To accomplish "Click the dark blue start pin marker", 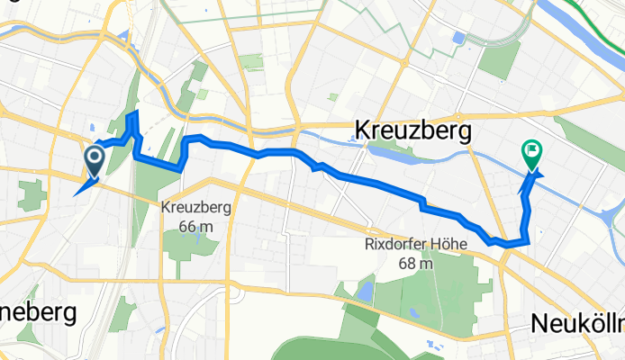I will point(94,161).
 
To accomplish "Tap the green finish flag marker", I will point(532,155).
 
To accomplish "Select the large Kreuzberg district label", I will point(414,130).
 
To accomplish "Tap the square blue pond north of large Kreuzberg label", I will point(460,39).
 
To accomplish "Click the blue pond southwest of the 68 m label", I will point(364,291).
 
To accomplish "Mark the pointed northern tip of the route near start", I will point(134,112).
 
